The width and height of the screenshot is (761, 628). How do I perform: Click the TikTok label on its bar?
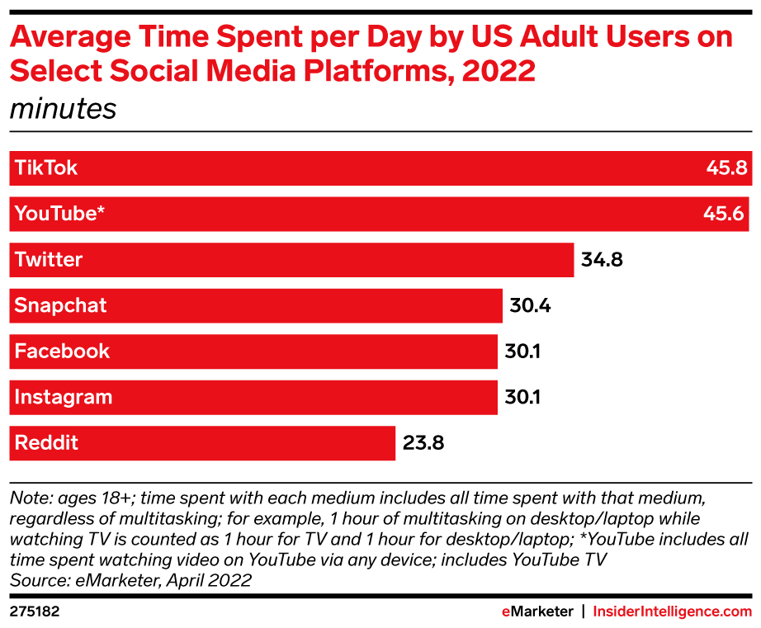pos(46,168)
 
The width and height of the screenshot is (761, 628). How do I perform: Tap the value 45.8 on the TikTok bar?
pos(726,168)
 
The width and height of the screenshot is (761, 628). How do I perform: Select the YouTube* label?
pos(59,214)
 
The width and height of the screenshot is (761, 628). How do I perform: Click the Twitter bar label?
pos(49,260)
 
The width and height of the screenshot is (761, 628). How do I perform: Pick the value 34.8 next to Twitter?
pos(602,260)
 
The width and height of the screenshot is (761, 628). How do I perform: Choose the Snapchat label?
pos(61,306)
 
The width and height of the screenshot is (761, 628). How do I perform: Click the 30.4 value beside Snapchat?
pos(530,306)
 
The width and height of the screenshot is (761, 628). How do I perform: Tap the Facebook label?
pos(62,352)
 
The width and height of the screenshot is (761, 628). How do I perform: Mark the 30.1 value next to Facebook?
pos(522,352)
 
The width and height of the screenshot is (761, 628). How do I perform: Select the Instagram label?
pos(64,397)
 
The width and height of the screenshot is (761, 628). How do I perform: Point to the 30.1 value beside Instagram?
pos(522,397)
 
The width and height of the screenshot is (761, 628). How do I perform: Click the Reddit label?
pos(47,443)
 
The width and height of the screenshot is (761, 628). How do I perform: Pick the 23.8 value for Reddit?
pos(423,443)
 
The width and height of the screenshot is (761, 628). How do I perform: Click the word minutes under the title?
pos(63,109)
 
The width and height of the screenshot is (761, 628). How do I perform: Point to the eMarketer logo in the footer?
pos(537,611)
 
